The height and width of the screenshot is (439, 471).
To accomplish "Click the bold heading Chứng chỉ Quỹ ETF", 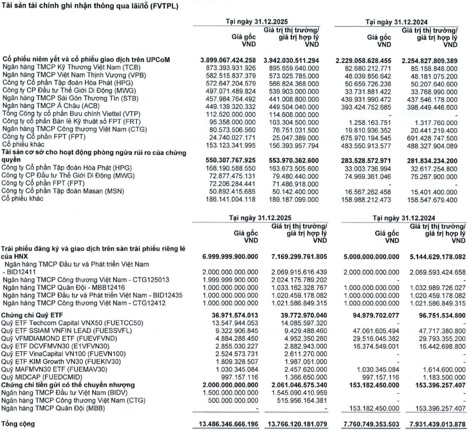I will [36, 314].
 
